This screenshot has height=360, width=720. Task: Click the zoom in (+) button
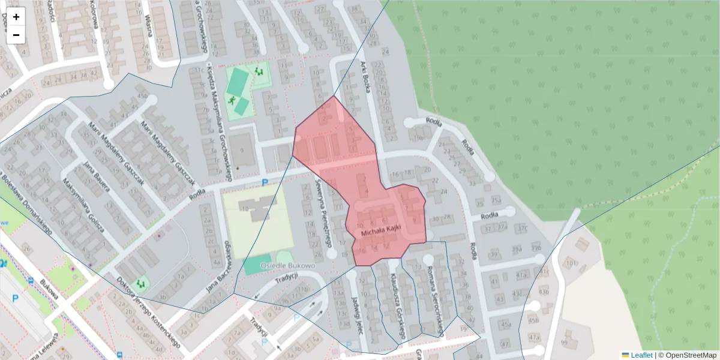(x=16, y=17)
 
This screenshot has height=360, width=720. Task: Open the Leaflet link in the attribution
(x=641, y=355)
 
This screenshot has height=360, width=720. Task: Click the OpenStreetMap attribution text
(x=690, y=355)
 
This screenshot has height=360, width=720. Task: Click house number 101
(x=570, y=263)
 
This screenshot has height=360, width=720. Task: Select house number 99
(x=563, y=342)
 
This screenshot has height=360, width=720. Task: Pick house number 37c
(x=522, y=228)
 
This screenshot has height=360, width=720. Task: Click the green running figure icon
(x=232, y=100)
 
